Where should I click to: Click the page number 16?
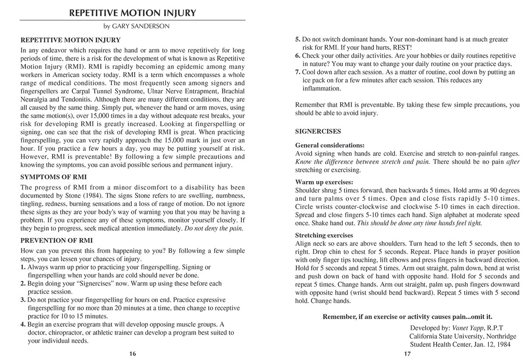click(x=132, y=354)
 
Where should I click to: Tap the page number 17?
click(x=407, y=354)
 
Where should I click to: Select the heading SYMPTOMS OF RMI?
click(x=54, y=177)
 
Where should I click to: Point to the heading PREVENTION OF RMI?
click(x=57, y=240)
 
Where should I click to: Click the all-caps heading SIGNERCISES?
click(x=318, y=131)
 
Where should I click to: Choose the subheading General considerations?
click(x=330, y=145)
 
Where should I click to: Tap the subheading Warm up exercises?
click(x=324, y=182)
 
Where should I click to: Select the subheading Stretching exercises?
click(x=324, y=235)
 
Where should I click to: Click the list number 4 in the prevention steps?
click(x=23, y=324)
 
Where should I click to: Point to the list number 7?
click(x=298, y=72)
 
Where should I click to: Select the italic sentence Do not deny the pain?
click(x=214, y=228)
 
